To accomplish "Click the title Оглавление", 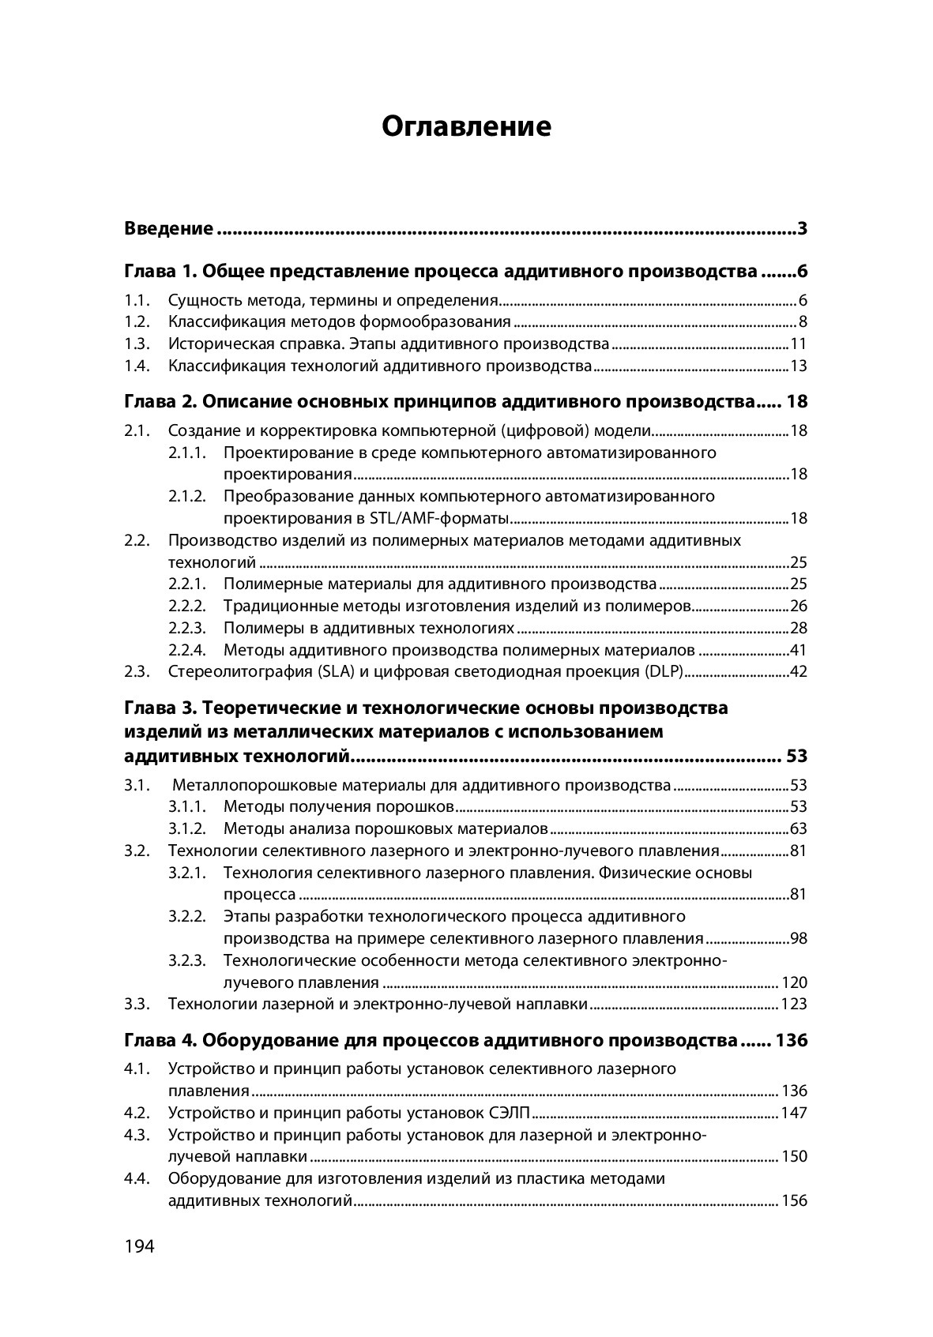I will click(466, 126).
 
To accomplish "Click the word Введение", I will click(168, 229).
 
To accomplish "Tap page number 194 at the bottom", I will click(139, 1246).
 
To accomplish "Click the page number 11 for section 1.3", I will click(799, 344).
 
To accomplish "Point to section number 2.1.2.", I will click(187, 497).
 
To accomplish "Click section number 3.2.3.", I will click(187, 961).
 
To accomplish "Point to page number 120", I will click(794, 983).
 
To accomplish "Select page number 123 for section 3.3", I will click(794, 1005).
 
